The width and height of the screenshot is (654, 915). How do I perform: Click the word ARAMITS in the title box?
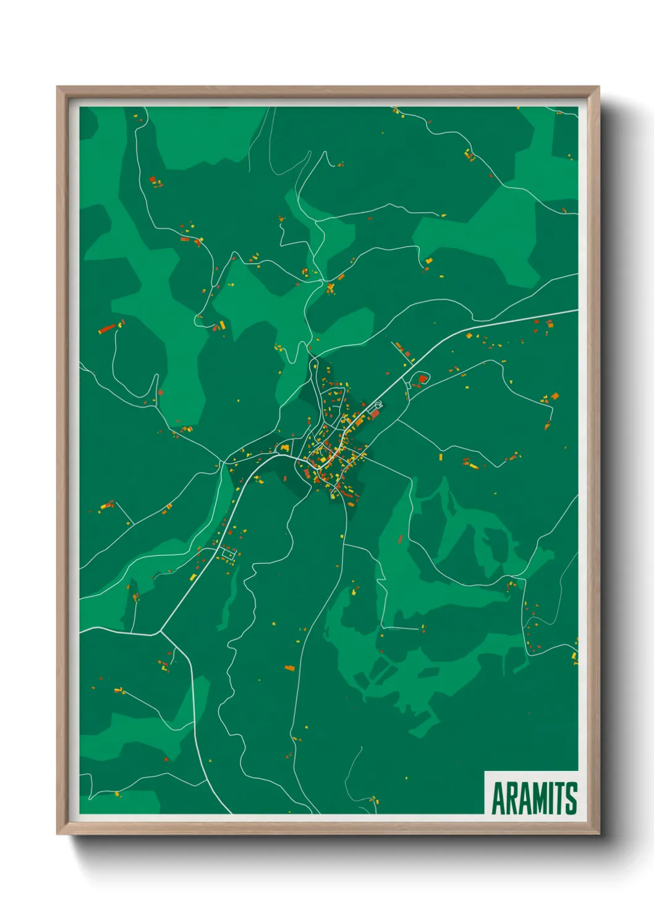point(534,798)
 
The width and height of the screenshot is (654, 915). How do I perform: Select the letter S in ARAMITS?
point(571,798)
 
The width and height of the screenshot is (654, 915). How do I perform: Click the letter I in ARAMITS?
point(553,798)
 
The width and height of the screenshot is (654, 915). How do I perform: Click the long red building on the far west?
point(107,328)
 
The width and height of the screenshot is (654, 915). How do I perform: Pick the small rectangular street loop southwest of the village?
point(227,553)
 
